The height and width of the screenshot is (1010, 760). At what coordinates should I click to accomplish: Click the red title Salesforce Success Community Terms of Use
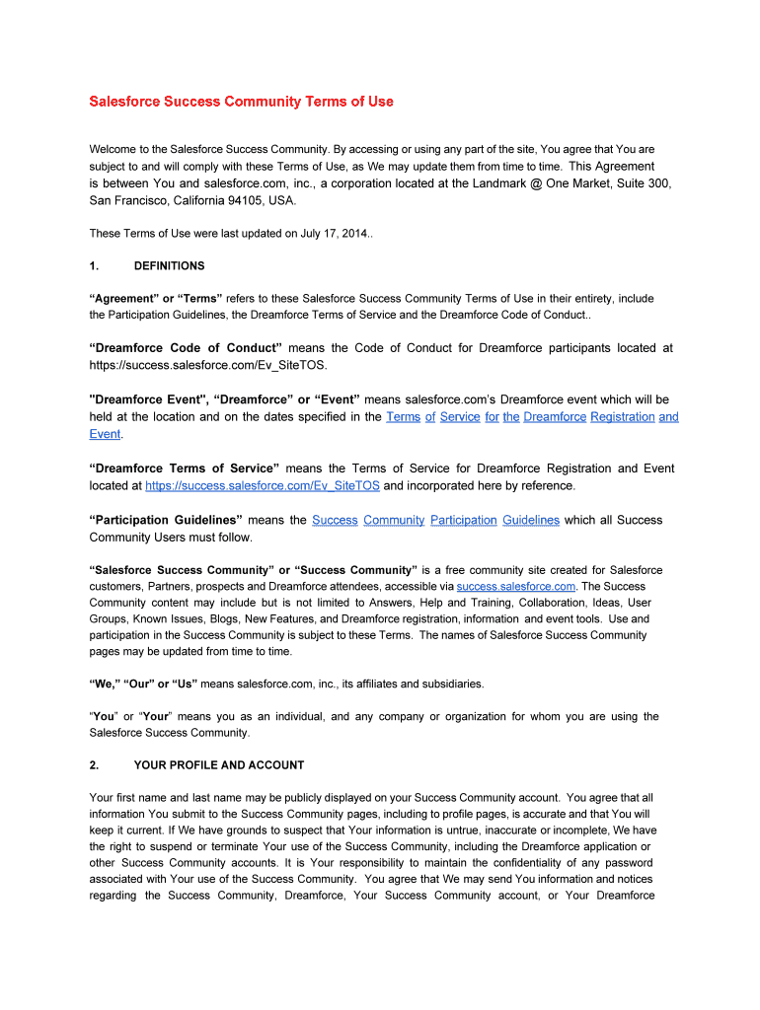click(x=241, y=102)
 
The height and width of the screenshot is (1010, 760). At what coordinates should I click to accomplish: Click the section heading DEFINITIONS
click(x=169, y=266)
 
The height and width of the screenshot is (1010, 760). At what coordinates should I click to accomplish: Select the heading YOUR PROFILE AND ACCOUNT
click(x=219, y=765)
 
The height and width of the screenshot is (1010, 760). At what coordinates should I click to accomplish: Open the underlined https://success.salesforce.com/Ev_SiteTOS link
click(x=262, y=485)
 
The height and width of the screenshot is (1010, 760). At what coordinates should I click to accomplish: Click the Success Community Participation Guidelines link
click(x=435, y=520)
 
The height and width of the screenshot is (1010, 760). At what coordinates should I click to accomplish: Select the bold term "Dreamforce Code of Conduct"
click(x=186, y=348)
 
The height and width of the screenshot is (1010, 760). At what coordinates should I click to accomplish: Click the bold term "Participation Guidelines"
click(x=166, y=520)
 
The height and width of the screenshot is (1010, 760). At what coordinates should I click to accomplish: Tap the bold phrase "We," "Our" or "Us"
click(x=144, y=685)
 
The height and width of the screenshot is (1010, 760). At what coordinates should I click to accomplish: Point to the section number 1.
click(x=93, y=266)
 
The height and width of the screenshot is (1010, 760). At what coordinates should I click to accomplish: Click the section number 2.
click(x=93, y=765)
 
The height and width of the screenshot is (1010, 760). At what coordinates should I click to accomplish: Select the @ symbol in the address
click(x=536, y=183)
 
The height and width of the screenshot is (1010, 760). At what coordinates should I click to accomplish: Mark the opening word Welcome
click(x=114, y=150)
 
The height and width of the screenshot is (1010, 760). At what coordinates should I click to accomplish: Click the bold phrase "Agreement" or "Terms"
click(x=156, y=298)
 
